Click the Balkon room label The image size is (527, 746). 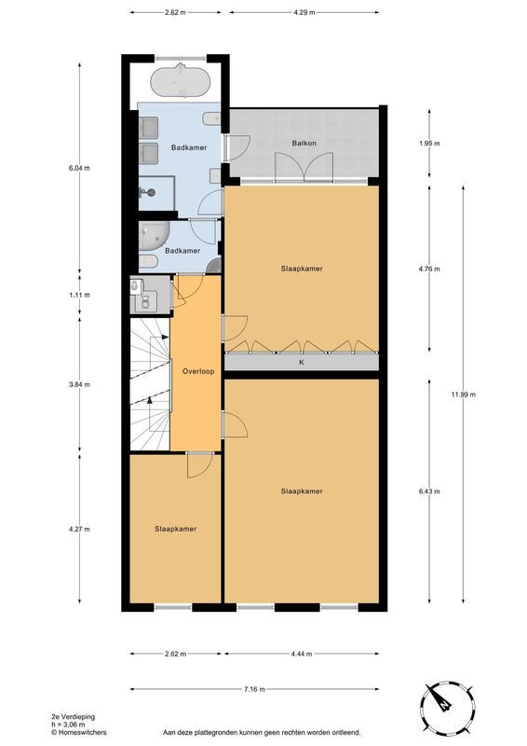pos(304,144)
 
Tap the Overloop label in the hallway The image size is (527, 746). pos(198,371)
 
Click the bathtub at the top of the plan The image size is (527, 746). pos(180,82)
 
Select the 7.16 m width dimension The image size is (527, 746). pos(254,689)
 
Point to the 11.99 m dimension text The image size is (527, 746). pos(464,394)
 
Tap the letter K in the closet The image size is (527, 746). pos(302,363)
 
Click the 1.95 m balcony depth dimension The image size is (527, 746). pos(429,144)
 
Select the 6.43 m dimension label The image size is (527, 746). pos(429,491)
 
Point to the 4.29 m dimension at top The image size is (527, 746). pos(304,13)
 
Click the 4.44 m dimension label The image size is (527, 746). pos(302,654)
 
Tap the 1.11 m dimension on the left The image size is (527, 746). pos(79,295)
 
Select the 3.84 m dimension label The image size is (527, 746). pos(79,384)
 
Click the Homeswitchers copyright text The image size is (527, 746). pos(79,732)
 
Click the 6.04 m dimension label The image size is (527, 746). pos(79,168)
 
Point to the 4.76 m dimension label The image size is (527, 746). pos(429,269)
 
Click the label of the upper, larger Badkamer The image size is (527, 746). pos(189,147)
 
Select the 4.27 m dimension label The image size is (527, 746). pos(79,529)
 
